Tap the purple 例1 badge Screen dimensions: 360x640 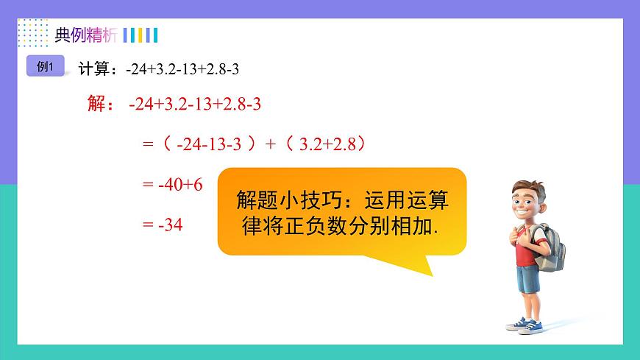tap(45, 66)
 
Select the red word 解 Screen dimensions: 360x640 tap(96, 104)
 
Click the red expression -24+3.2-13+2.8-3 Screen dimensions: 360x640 tap(194, 104)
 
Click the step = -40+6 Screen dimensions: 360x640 tap(172, 185)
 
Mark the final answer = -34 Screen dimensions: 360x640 tap(163, 225)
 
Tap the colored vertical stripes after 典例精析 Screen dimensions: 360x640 tap(140, 35)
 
